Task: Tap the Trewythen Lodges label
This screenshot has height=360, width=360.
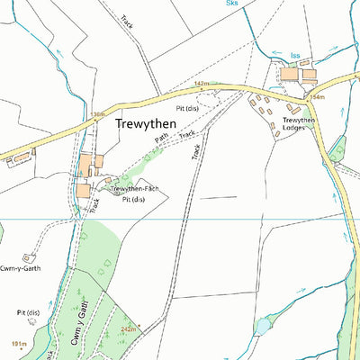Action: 296,123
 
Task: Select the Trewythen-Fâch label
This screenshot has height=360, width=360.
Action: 134,189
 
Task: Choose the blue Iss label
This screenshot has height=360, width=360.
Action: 295,55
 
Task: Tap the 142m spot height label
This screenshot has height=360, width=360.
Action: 202,83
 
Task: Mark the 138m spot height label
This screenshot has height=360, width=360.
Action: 98,114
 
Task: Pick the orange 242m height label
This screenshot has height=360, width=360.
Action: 128,330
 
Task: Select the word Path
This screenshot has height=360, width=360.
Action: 161,139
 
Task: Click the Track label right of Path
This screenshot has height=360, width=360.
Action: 187,135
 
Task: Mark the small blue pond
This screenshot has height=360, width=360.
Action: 262,325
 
